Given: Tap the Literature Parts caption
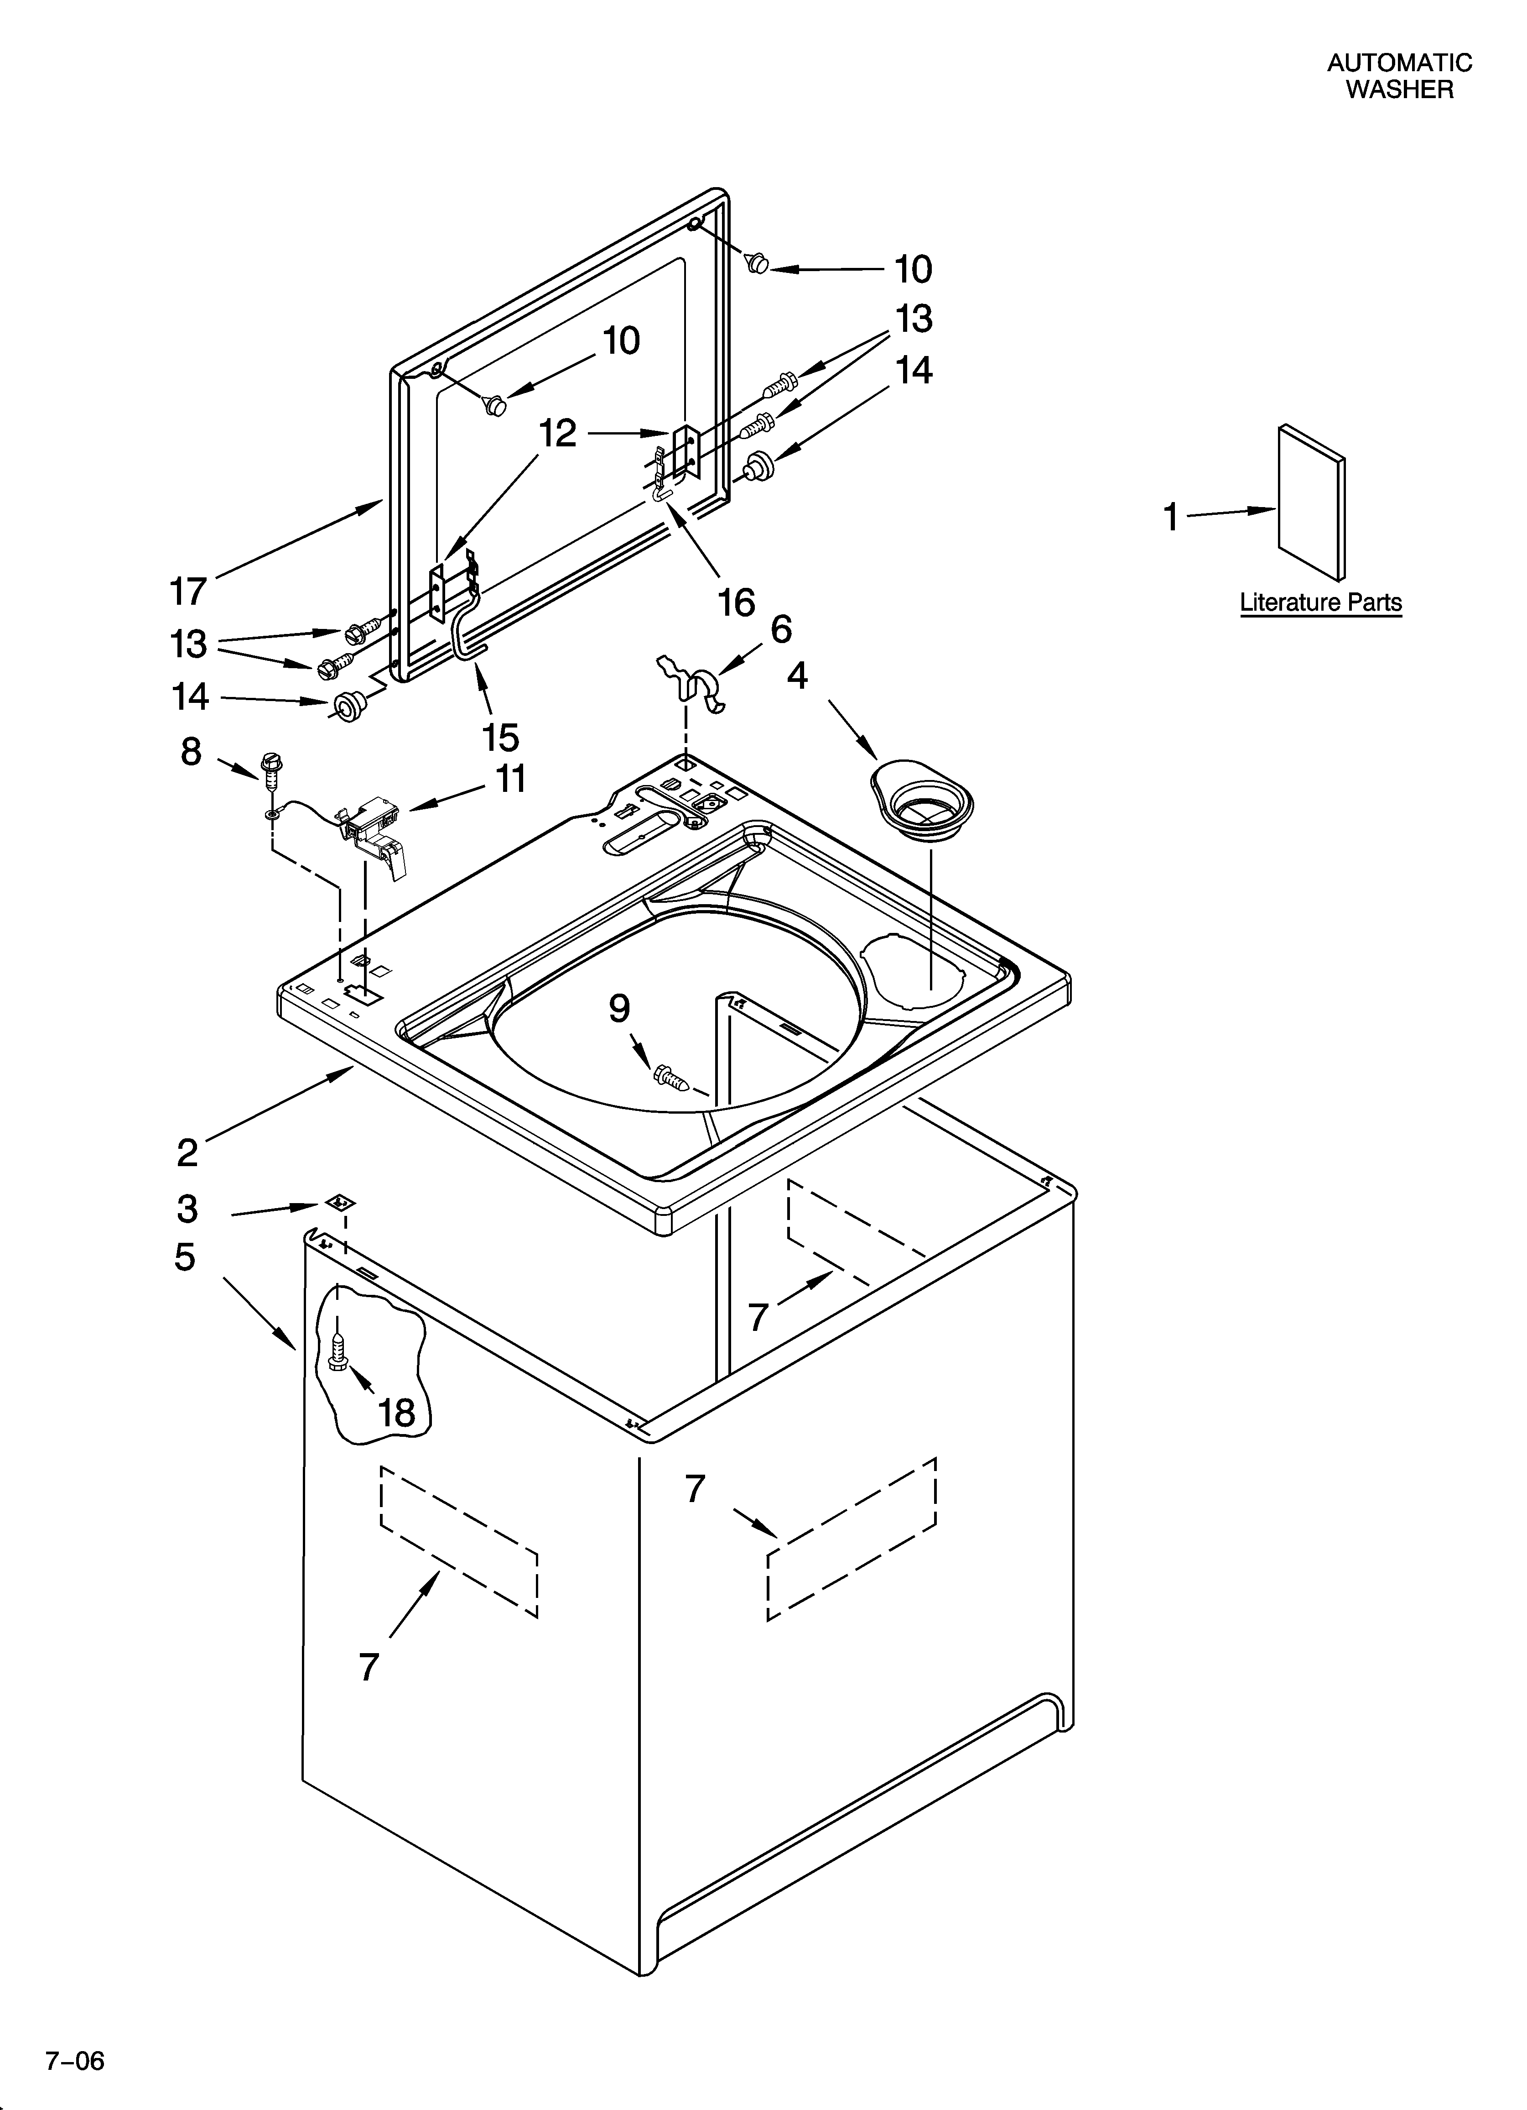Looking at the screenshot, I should coord(1320,603).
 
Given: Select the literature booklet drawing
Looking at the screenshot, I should coord(1311,503).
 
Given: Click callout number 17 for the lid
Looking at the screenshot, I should coord(188,591).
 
